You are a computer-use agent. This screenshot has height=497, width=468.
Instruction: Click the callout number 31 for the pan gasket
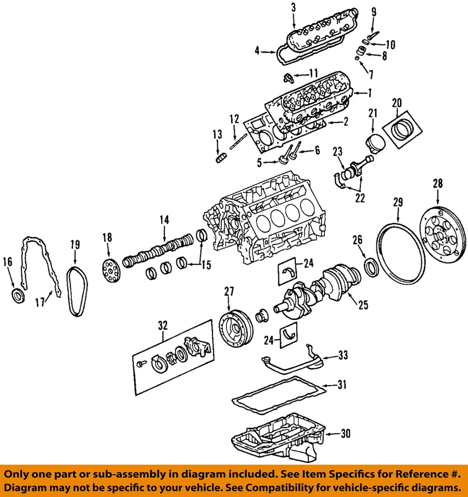(x=341, y=385)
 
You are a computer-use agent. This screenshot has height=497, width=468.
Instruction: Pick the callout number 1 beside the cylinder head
(x=370, y=93)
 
